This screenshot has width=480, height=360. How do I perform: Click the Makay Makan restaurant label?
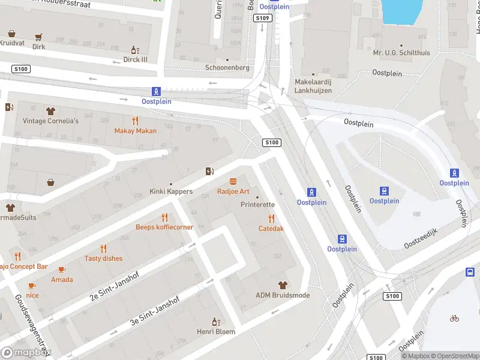pyautogui.click(x=136, y=131)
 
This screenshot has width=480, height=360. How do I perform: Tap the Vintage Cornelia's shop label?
pyautogui.click(x=51, y=121)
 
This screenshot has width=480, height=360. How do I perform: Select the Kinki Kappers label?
pyautogui.click(x=171, y=191)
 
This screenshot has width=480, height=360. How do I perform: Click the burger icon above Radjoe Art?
pyautogui.click(x=233, y=181)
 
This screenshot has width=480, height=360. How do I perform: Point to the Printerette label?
pyautogui.click(x=257, y=205)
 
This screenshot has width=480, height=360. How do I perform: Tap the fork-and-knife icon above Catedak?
pyautogui.click(x=271, y=218)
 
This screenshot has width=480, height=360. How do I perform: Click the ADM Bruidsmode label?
pyautogui.click(x=283, y=295)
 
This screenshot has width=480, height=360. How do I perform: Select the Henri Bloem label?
pyautogui.click(x=215, y=331)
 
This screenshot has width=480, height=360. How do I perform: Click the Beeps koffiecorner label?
pyautogui.click(x=164, y=227)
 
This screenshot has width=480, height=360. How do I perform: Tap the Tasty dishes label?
pyautogui.click(x=103, y=259)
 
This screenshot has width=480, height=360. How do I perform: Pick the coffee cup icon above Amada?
pyautogui.click(x=62, y=269)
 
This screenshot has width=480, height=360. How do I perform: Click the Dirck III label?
pyautogui.click(x=135, y=59)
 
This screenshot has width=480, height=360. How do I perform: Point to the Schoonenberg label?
pyautogui.click(x=227, y=68)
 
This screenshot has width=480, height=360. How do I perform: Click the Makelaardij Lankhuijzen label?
pyautogui.click(x=313, y=86)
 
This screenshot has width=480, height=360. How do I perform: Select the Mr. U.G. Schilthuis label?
pyautogui.click(x=401, y=53)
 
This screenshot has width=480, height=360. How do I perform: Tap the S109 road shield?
pyautogui.click(x=262, y=19)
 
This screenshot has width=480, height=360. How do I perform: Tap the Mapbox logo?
pyautogui.click(x=26, y=352)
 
